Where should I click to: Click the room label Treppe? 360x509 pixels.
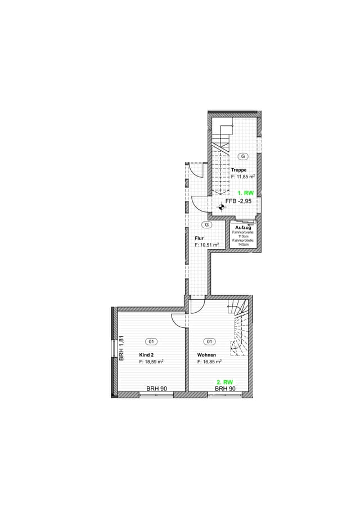click(238, 170)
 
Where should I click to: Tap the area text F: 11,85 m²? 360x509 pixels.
click(243, 177)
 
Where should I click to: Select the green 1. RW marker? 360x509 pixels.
click(246, 193)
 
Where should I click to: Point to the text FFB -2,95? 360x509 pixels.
click(238, 201)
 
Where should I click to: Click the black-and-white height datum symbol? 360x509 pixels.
click(221, 206)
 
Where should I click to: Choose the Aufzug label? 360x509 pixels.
click(243, 228)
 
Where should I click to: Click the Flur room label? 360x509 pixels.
click(199, 238)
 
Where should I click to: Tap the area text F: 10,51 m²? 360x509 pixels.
click(207, 245)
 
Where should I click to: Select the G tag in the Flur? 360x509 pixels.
click(207, 224)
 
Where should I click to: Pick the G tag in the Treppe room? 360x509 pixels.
click(243, 156)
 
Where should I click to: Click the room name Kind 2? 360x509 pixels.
click(146, 355)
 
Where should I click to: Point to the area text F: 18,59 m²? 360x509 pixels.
click(151, 362)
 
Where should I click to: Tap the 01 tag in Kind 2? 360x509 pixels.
click(151, 341)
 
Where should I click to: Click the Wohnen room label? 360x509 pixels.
click(206, 355)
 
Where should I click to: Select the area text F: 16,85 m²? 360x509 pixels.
click(209, 362)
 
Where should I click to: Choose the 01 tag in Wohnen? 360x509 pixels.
click(209, 341)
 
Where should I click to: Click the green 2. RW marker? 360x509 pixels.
click(224, 382)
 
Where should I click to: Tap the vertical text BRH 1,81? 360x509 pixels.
click(121, 348)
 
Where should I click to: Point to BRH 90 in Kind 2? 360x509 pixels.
click(157, 389)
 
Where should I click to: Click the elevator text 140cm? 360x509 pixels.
click(244, 245)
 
